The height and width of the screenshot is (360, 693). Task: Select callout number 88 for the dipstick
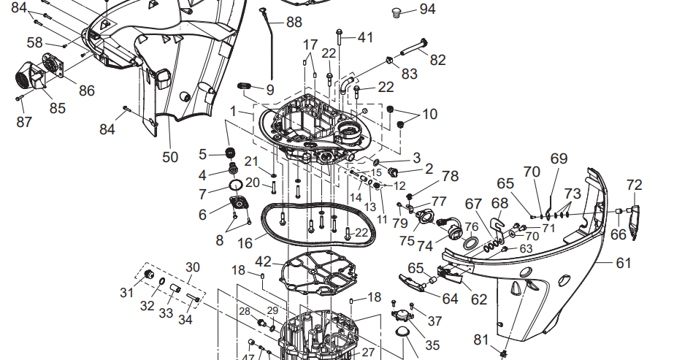point(294,22)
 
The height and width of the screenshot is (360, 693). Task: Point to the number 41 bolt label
point(364,37)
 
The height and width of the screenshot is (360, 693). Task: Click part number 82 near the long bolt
point(437,60)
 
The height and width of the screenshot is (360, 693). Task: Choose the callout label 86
point(87,91)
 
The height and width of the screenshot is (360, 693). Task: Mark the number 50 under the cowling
point(169,156)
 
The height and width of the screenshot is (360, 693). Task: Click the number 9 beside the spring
point(270,91)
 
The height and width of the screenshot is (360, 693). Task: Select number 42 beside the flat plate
point(263,261)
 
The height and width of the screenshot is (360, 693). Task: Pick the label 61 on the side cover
point(622,263)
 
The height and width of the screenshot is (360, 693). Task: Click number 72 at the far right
point(634,185)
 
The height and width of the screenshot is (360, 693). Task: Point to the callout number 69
point(559,158)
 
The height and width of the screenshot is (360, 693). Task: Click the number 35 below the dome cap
point(433,345)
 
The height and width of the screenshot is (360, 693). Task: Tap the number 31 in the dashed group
point(126,292)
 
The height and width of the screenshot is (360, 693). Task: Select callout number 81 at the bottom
point(480,340)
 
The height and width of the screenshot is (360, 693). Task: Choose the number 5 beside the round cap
point(203,154)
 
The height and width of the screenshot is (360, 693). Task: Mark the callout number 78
point(450,176)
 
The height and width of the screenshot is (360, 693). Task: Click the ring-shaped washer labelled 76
point(471,242)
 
